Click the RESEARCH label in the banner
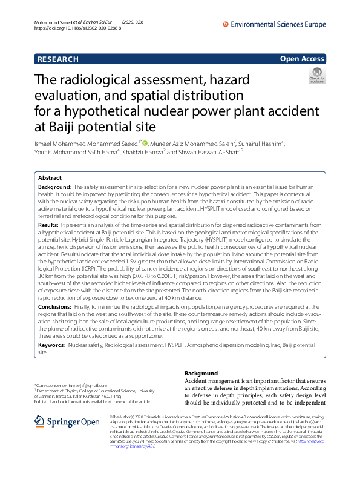(x=57, y=59)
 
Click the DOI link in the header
(x=66, y=28)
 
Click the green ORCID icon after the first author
(x=146, y=143)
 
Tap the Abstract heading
(x=50, y=178)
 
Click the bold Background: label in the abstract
(x=56, y=188)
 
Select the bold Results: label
(x=48, y=225)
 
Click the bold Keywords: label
(x=52, y=345)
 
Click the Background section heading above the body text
(x=201, y=373)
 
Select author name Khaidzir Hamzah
(x=143, y=152)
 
